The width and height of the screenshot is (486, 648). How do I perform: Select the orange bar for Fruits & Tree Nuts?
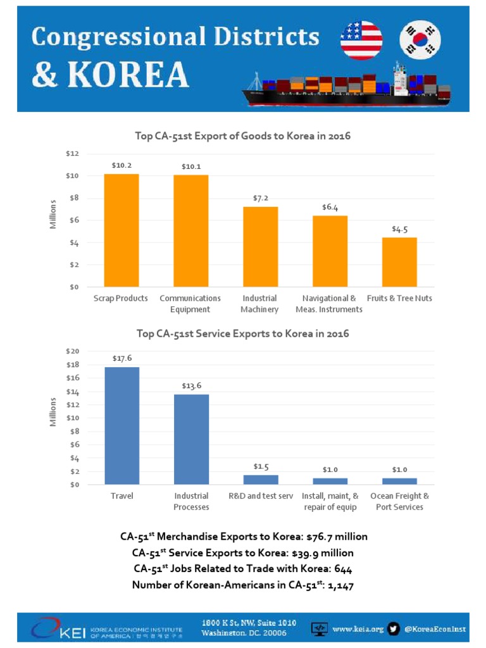pos(399,262)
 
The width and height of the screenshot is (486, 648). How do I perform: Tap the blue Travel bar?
pos(121,425)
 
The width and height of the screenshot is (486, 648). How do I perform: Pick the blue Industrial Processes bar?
pos(191,439)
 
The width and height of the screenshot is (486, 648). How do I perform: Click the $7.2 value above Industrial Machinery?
pos(260,198)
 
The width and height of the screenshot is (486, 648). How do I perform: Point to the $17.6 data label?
pos(121,358)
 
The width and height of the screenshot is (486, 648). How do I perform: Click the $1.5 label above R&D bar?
pos(261,466)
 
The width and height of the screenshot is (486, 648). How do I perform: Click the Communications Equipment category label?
pos(190,304)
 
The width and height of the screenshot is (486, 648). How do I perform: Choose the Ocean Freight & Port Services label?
pos(399,501)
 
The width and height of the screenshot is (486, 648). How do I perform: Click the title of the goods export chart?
pos(243,136)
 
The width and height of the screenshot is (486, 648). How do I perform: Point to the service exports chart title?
pos(243,333)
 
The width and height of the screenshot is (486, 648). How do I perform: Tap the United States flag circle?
pos(361,40)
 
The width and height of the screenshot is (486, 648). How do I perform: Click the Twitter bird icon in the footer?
pos(394,628)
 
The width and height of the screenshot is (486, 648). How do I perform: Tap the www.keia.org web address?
pos(358,629)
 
